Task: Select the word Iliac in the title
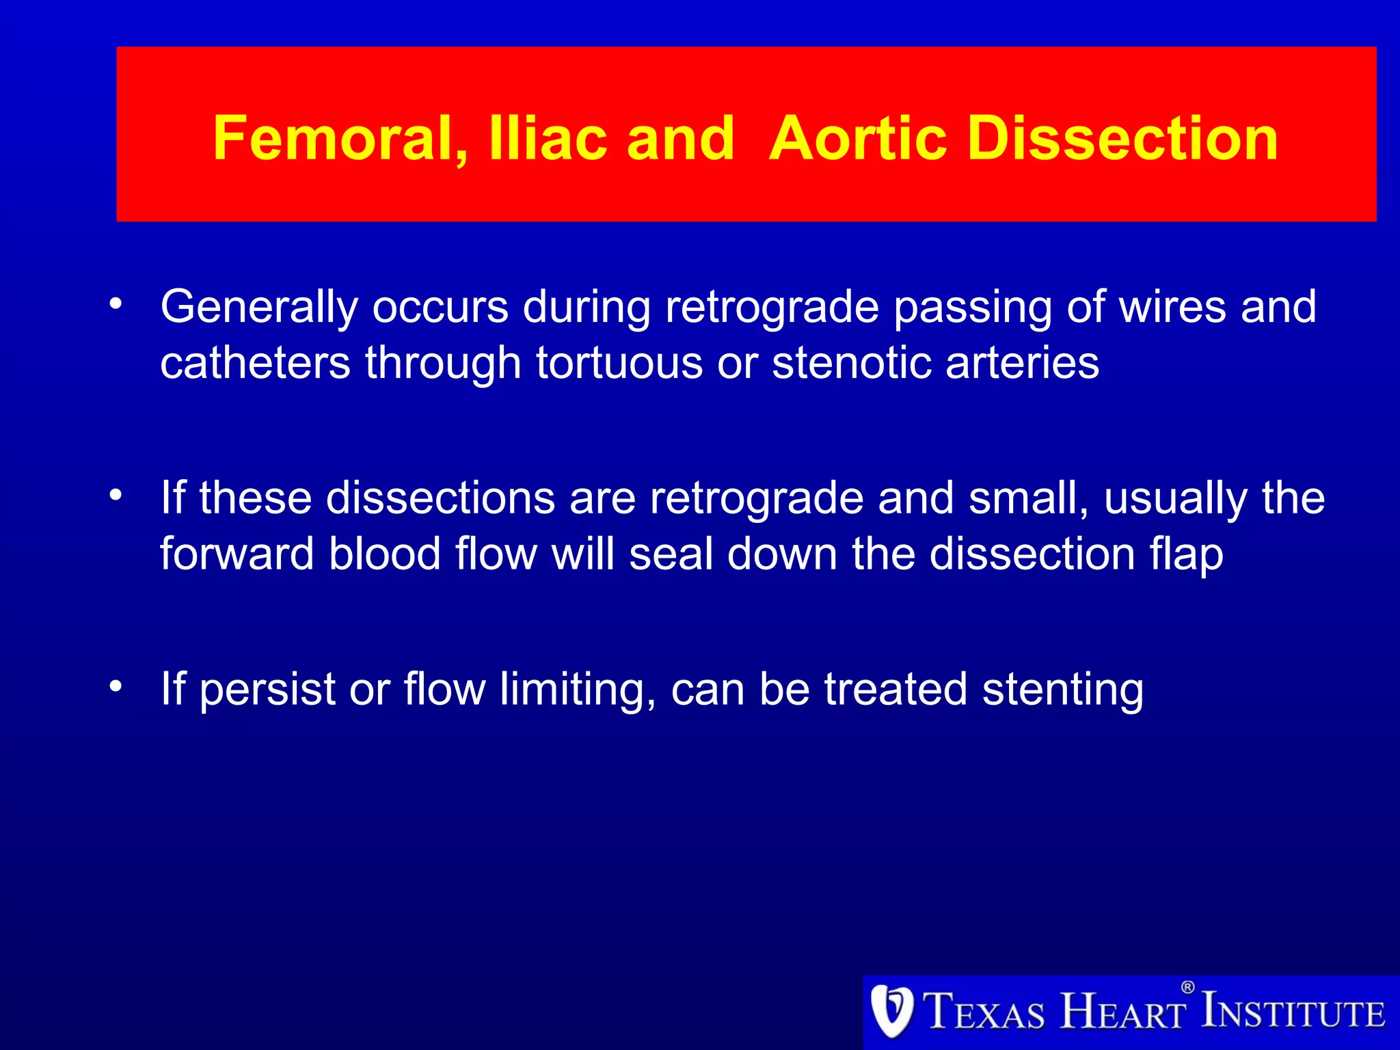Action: tap(548, 139)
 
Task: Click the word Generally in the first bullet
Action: tap(259, 308)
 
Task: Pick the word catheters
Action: tap(255, 362)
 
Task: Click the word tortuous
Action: tap(619, 362)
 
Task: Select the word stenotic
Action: tap(852, 362)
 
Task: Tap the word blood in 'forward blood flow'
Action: tap(384, 553)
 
